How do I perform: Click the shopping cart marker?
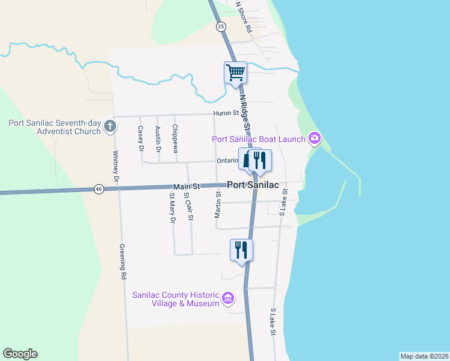click(235, 72)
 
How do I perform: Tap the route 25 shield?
click(221, 26)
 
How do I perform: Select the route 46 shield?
click(98, 189)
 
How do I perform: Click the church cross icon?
click(109, 126)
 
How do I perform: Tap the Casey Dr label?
click(141, 138)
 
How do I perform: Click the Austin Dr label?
click(158, 138)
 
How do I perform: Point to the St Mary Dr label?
click(172, 208)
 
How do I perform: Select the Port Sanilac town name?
click(253, 185)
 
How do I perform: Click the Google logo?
click(20, 354)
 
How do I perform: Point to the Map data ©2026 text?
click(424, 356)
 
